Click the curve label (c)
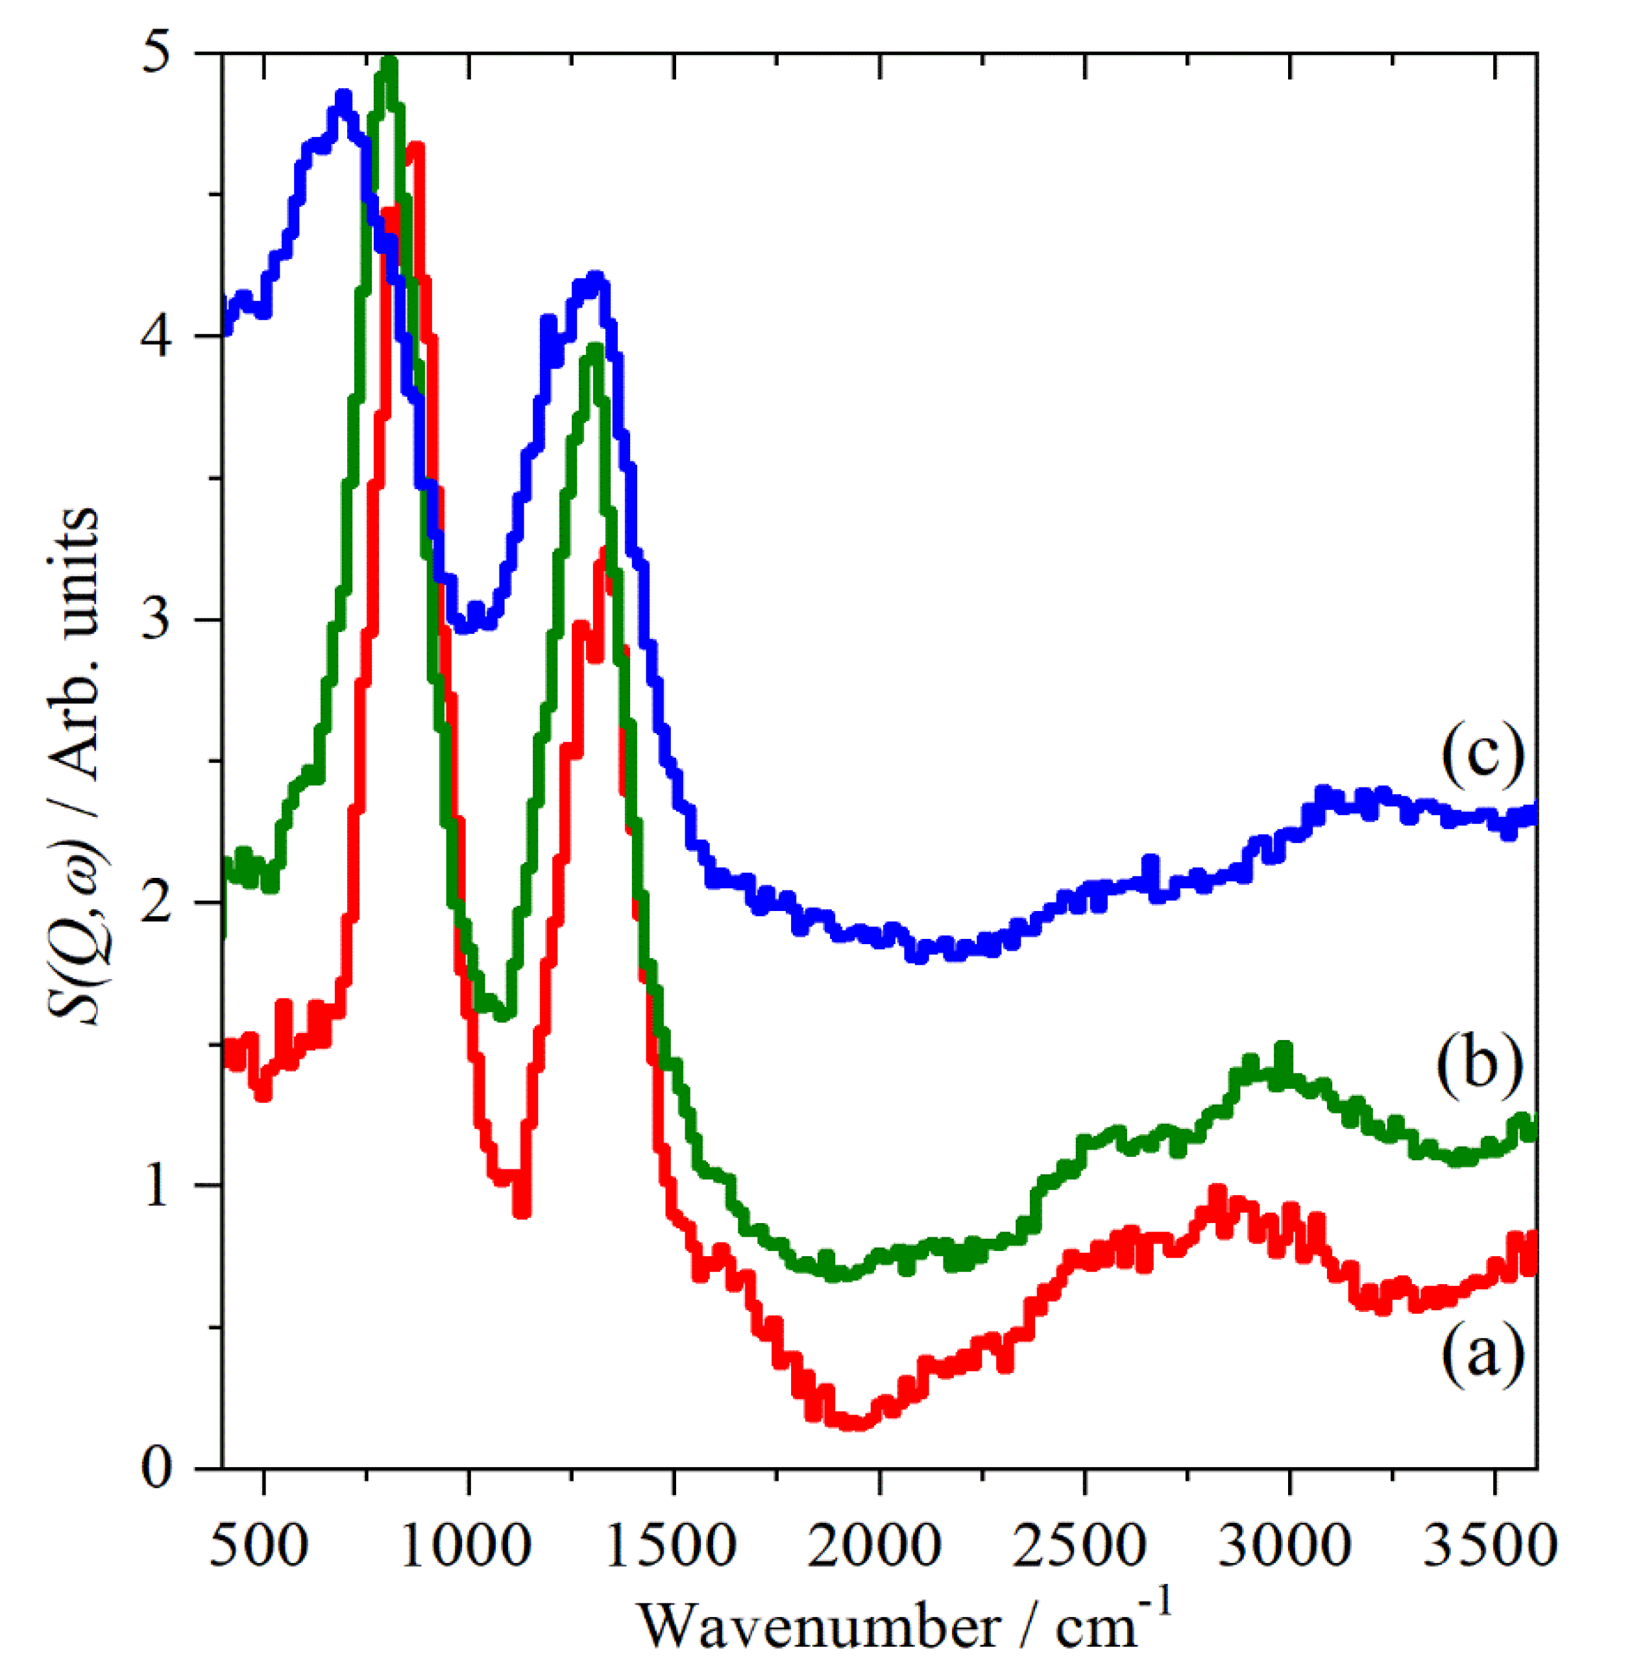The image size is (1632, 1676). (1482, 755)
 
